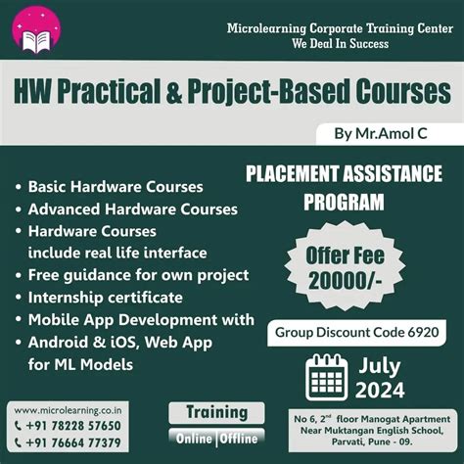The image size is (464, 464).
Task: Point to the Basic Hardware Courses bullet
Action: [x=116, y=186]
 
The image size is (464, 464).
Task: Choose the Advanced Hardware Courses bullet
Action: [x=132, y=209]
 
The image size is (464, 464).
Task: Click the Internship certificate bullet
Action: [x=105, y=298]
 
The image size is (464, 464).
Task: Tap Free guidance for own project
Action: [x=138, y=275]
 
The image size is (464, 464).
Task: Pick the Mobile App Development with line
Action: [x=141, y=320]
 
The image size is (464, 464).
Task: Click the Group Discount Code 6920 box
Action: [x=362, y=332]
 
